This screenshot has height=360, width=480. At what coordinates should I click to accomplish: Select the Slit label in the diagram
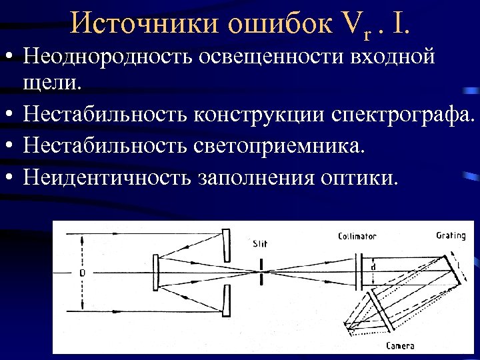click(260, 243)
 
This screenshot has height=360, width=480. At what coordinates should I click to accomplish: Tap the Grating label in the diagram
click(451, 235)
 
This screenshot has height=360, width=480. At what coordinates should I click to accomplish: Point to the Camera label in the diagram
click(400, 345)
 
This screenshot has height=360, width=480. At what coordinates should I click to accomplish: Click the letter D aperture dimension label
click(82, 273)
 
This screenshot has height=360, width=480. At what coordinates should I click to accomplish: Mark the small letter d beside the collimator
click(373, 267)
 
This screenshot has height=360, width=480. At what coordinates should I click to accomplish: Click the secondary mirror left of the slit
click(155, 272)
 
